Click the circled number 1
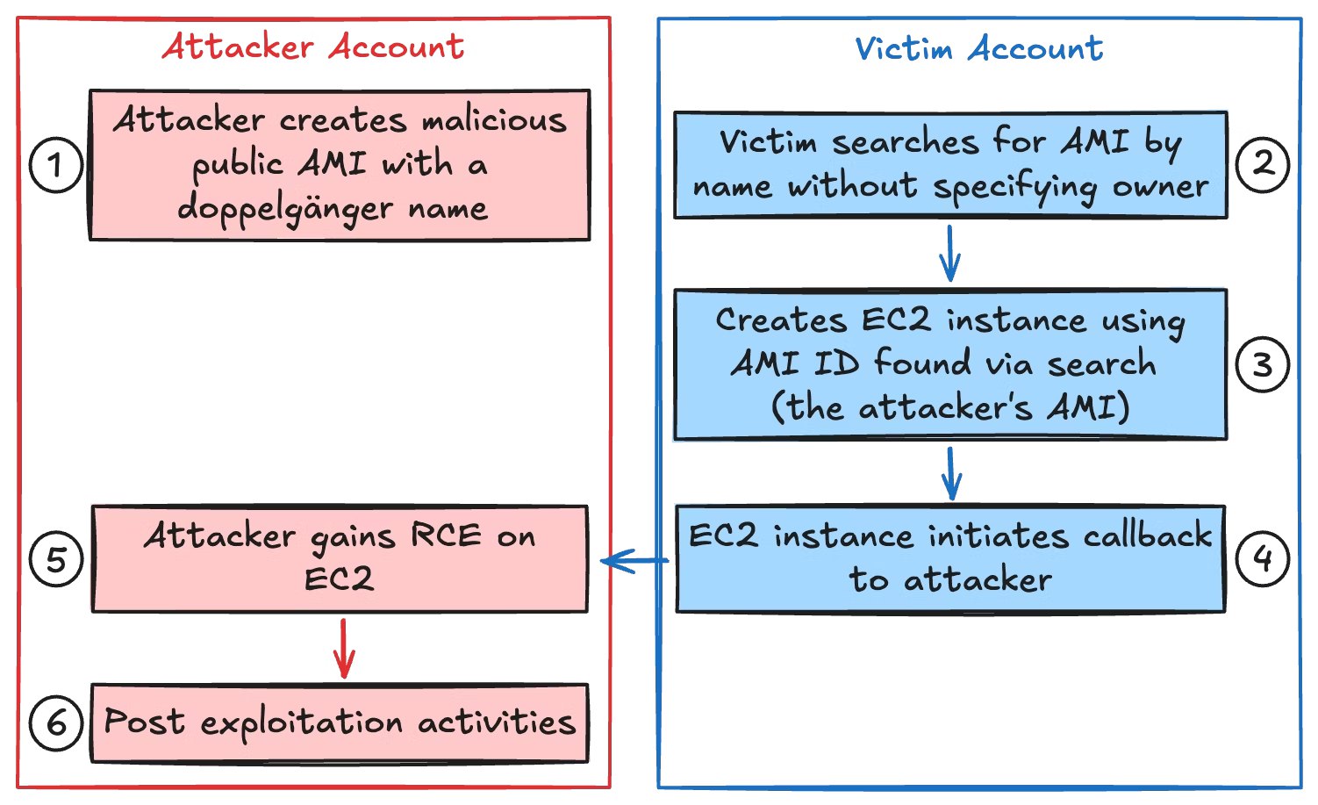55,165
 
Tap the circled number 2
1262,163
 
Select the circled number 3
1262,364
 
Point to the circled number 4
1262,558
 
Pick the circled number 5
55,559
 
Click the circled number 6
55,722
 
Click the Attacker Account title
313,47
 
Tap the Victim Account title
978,48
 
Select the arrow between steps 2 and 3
949,254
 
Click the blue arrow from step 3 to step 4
951,473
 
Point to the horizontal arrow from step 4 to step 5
635,560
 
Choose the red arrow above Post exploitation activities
344,648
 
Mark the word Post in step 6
144,722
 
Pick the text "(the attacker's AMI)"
949,407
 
